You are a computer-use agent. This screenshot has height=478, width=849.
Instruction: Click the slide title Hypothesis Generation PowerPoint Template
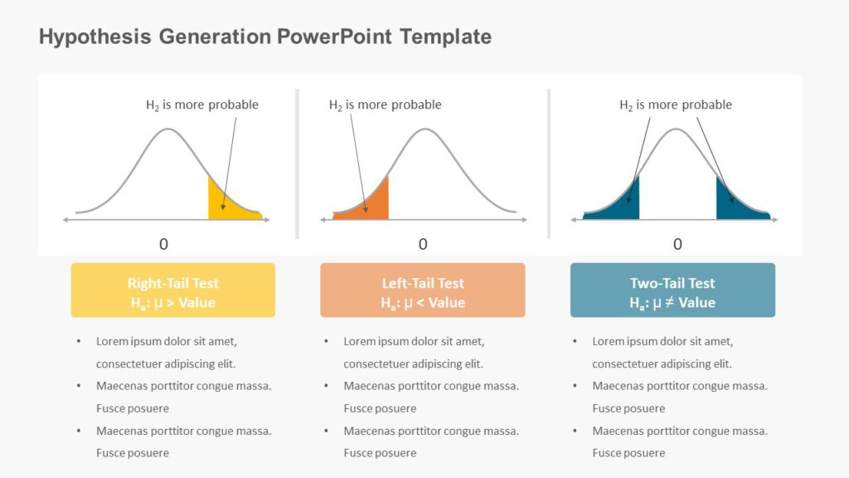[264, 37]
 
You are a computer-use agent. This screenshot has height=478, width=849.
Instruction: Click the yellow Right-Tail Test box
[172, 290]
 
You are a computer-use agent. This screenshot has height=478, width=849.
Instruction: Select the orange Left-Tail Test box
[422, 290]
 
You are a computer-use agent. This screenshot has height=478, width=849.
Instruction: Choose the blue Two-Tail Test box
[672, 290]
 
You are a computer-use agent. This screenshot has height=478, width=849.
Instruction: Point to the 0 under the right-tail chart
[163, 244]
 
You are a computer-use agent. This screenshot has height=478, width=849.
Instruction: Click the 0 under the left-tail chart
[423, 244]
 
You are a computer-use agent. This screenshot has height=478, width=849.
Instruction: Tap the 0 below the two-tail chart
[677, 244]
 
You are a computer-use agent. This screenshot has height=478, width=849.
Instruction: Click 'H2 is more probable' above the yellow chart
[202, 105]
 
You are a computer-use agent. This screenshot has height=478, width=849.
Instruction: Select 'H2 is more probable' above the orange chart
[386, 105]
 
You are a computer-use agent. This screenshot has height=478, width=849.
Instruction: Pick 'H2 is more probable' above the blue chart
[676, 105]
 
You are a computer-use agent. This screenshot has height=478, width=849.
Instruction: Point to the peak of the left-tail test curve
[425, 129]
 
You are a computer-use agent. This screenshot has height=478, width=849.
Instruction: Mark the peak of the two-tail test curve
[677, 129]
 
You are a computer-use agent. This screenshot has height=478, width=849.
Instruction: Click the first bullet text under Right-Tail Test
[167, 352]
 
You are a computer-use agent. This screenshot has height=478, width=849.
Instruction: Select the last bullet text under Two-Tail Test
[679, 441]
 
